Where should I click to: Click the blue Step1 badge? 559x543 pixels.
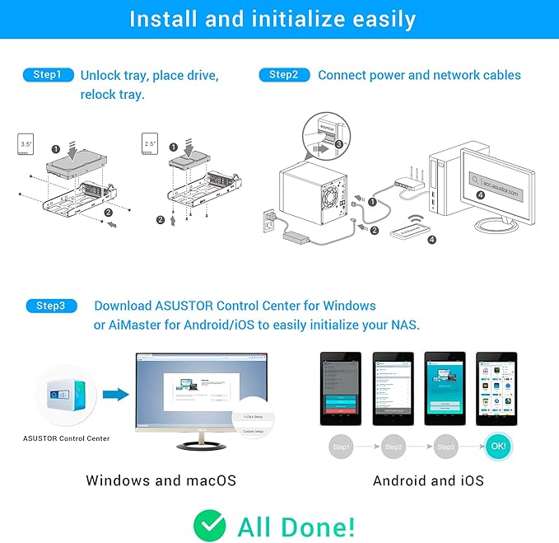(x=48, y=75)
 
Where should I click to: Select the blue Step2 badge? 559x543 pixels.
(x=284, y=75)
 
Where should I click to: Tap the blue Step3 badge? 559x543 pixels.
(x=50, y=306)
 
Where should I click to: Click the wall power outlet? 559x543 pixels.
(x=268, y=222)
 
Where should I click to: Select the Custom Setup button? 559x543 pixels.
(x=253, y=432)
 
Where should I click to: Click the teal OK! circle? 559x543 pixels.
(x=497, y=447)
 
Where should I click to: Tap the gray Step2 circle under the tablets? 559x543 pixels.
(x=393, y=447)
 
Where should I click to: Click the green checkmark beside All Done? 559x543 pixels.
(x=210, y=525)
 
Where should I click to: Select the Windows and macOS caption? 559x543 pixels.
(x=161, y=480)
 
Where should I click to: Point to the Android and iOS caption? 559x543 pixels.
(x=428, y=480)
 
